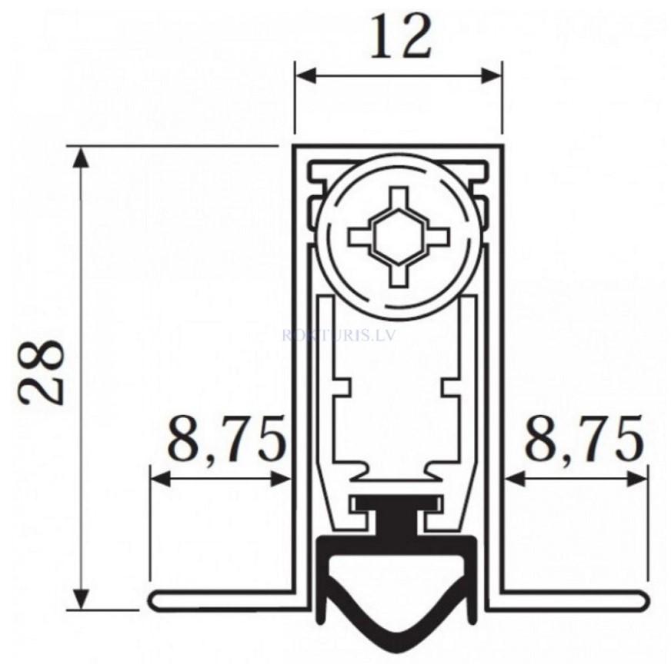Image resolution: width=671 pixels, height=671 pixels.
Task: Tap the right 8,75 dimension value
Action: point(583,439)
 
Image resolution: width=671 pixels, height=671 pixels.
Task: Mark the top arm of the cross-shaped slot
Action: point(398,196)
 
